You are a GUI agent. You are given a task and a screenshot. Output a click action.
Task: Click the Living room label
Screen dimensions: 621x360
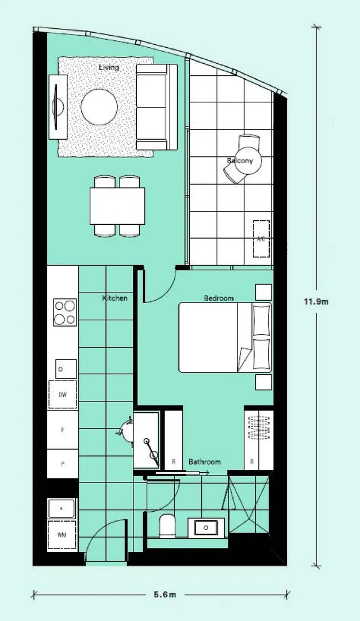109,68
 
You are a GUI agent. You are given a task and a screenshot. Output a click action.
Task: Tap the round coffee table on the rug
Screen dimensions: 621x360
99,106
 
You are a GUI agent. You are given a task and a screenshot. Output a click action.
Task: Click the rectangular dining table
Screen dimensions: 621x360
117,206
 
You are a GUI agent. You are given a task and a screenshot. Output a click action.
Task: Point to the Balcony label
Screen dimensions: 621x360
239,160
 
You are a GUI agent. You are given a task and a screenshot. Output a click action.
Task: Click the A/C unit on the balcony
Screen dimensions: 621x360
261,238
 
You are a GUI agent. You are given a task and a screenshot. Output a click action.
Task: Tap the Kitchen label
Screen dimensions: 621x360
114,298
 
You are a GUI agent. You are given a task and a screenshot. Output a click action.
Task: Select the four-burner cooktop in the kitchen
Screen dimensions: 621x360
65,312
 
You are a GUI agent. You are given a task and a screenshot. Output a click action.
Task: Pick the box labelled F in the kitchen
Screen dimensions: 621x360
63,430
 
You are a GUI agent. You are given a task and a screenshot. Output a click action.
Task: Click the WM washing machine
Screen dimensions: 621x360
62,535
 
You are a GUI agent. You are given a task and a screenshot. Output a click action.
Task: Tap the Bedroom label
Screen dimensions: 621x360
219,298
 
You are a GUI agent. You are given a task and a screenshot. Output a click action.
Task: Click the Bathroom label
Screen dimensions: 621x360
205,462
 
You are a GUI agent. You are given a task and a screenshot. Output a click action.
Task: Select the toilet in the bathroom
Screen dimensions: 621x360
167,524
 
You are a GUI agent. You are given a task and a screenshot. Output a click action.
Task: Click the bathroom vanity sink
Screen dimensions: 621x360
205,526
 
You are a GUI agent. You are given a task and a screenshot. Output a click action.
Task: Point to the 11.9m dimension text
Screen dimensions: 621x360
316,301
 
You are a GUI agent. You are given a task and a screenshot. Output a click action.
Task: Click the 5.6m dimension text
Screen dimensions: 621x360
164,595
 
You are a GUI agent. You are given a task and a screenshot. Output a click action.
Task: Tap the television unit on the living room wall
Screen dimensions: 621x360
58,106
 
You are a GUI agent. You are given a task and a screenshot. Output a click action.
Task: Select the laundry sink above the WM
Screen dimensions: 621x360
62,508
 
